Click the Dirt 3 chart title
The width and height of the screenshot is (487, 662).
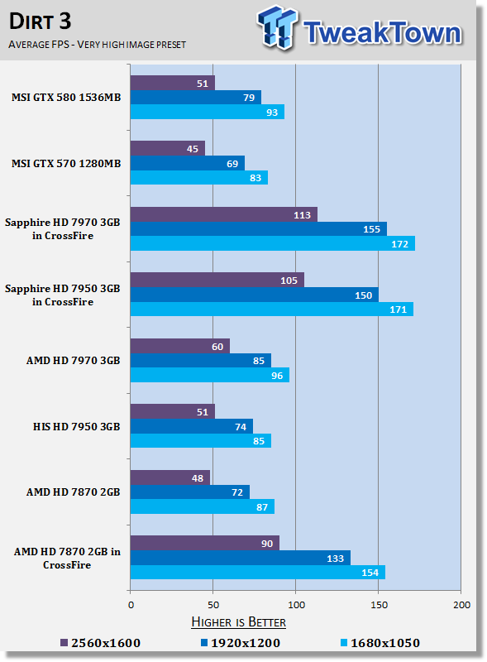pyautogui.click(x=40, y=22)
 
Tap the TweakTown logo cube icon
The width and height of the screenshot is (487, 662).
pyautogui.click(x=277, y=27)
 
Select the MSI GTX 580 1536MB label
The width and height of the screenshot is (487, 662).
pyautogui.click(x=66, y=97)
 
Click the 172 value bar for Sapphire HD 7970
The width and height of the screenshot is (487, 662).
pyautogui.click(x=273, y=243)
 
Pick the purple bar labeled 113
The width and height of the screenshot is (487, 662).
pyautogui.click(x=224, y=214)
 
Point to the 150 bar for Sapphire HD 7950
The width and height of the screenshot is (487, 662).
pyautogui.click(x=255, y=295)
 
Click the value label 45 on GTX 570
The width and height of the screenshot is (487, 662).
pyautogui.click(x=193, y=149)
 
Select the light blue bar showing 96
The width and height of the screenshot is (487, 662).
pyautogui.click(x=210, y=375)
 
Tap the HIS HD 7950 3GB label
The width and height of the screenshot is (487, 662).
pyautogui.click(x=77, y=426)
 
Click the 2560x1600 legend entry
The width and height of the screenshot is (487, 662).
pyautogui.click(x=100, y=643)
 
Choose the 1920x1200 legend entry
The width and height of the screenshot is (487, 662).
pyautogui.click(x=240, y=643)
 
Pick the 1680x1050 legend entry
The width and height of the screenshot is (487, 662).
pyautogui.click(x=380, y=643)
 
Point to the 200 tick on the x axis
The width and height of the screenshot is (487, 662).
pyautogui.click(x=461, y=605)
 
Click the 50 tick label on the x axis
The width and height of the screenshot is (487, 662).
pyautogui.click(x=213, y=605)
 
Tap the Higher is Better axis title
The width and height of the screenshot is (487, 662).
pyautogui.click(x=238, y=622)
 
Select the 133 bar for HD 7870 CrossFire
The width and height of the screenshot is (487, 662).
pyautogui.click(x=241, y=558)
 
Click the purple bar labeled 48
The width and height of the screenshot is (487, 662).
pyautogui.click(x=170, y=477)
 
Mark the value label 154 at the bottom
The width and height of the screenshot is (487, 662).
pyautogui.click(x=370, y=573)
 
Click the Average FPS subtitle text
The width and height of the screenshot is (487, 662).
pyautogui.click(x=97, y=45)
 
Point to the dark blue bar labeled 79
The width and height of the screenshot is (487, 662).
pyautogui.click(x=196, y=97)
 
